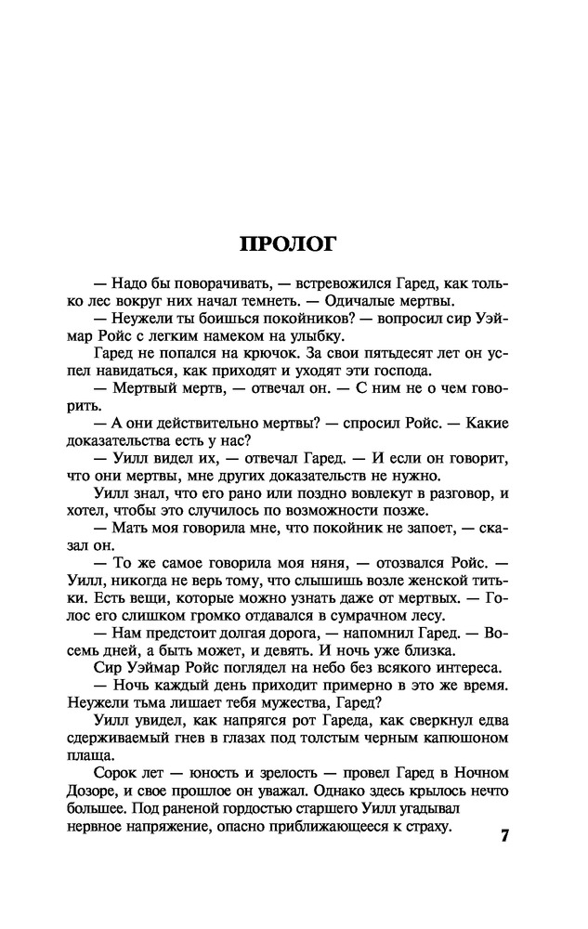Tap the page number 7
point(505,835)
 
